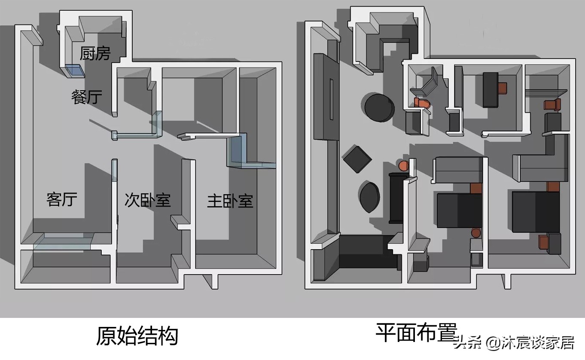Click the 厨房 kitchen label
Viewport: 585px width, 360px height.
coord(95,54)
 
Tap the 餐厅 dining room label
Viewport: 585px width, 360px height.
coord(87,97)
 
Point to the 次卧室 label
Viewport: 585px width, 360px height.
coord(147,200)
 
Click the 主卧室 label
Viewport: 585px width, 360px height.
coord(230,201)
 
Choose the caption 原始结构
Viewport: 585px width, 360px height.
coord(137,336)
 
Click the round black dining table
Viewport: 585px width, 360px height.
coord(379,107)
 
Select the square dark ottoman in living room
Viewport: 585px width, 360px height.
coord(357,159)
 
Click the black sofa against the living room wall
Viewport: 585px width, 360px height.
coord(395,198)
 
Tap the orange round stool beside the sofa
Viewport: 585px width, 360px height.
coord(403,165)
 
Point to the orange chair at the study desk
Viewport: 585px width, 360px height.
coord(503,88)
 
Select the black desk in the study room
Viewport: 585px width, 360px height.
coord(490,89)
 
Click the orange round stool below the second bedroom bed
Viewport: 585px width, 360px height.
coord(476,233)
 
